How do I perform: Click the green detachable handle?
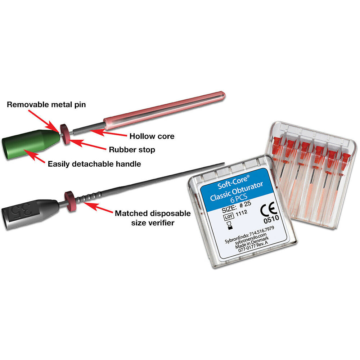(31, 144)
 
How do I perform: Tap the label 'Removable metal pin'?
(46, 104)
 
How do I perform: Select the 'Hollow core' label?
(152, 136)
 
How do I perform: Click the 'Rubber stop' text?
(132, 150)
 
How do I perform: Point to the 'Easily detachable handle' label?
(94, 164)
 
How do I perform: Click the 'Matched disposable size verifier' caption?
(153, 218)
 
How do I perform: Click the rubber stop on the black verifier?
(70, 201)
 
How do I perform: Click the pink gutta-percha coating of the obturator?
(164, 108)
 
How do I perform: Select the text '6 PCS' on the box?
(239, 198)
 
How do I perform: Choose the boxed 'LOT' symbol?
(229, 216)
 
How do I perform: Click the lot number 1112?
(242, 213)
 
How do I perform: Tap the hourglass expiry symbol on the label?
(229, 225)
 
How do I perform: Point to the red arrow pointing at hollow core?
(108, 133)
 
